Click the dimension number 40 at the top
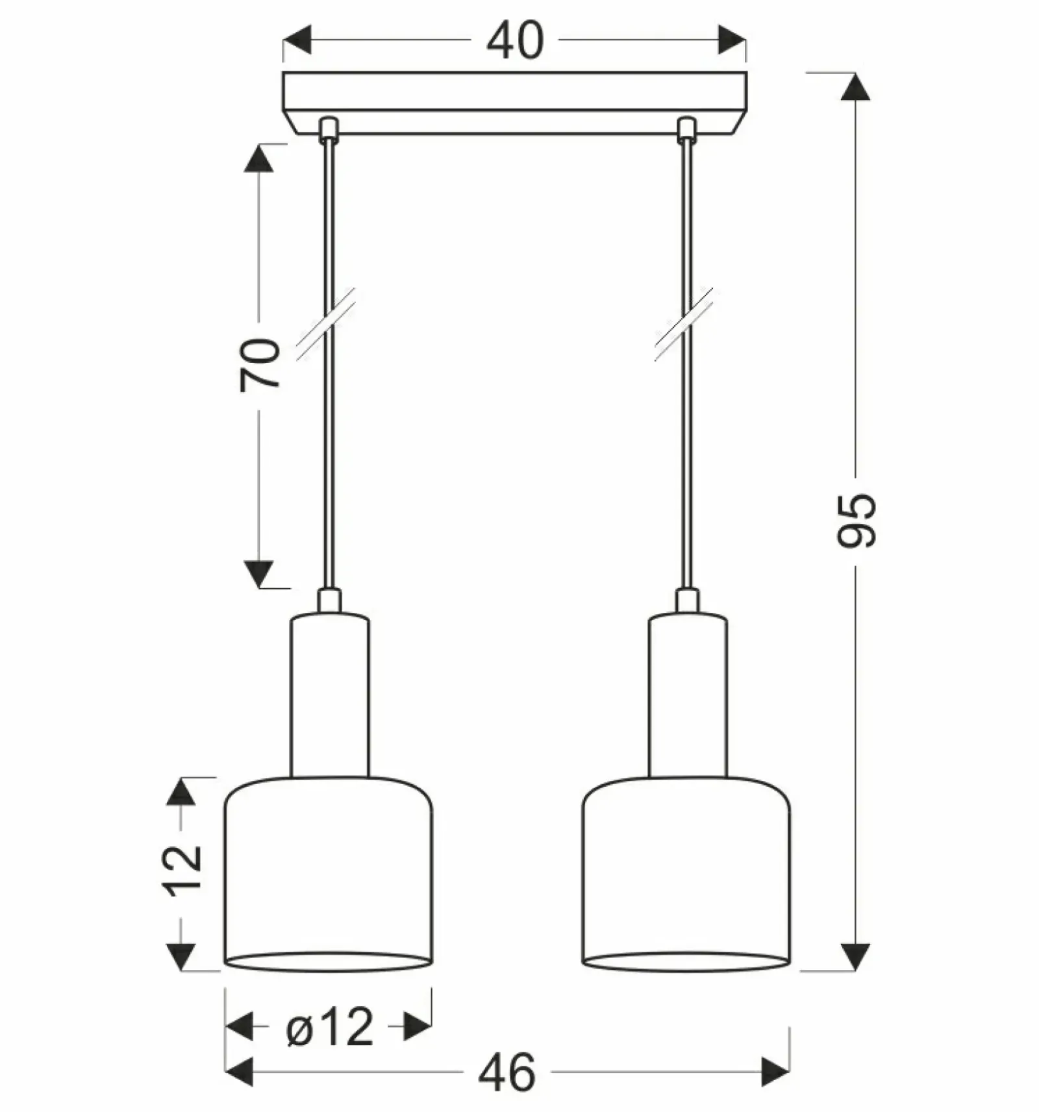point(514,41)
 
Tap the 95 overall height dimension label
point(857,521)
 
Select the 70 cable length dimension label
point(260,365)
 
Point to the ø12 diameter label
point(330,1026)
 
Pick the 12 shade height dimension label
point(182,871)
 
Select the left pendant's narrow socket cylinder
point(330,695)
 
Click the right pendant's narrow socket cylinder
point(688,695)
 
